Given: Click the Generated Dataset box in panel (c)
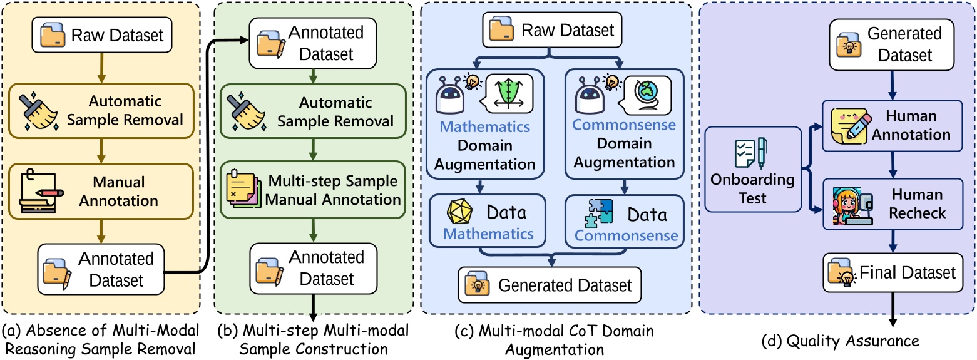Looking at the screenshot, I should tap(550, 285).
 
